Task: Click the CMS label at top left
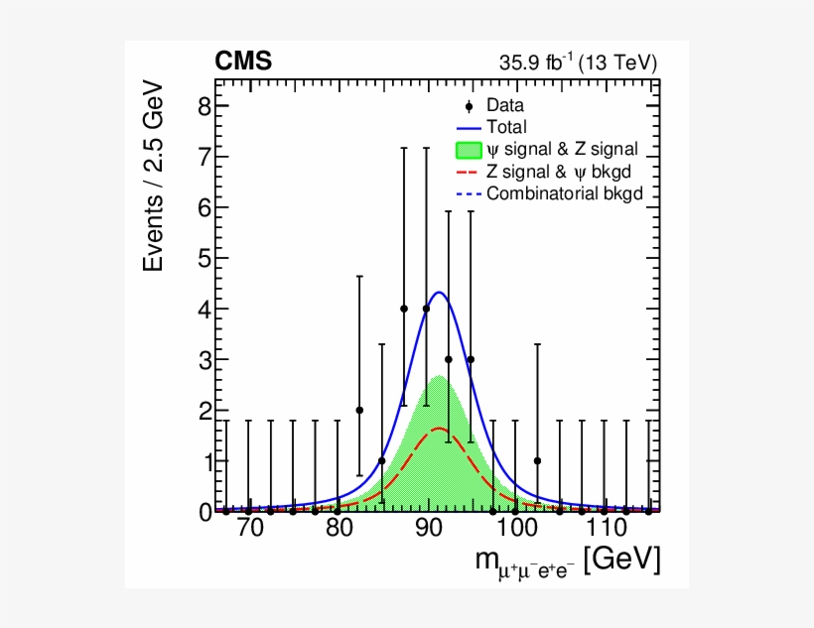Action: pos(243,63)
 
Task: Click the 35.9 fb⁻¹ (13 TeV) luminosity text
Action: pos(578,63)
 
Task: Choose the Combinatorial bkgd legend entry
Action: pos(558,193)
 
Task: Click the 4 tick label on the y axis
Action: pos(204,309)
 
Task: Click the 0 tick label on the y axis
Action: pos(204,512)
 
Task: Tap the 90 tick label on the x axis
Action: pos(427,529)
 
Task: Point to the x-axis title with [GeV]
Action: pos(567,562)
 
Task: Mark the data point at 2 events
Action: pos(359,410)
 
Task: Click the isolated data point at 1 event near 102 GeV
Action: pos(537,460)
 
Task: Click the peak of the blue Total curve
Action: pos(438,293)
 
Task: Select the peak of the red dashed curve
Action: pos(438,429)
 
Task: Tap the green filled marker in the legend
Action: pos(469,150)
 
